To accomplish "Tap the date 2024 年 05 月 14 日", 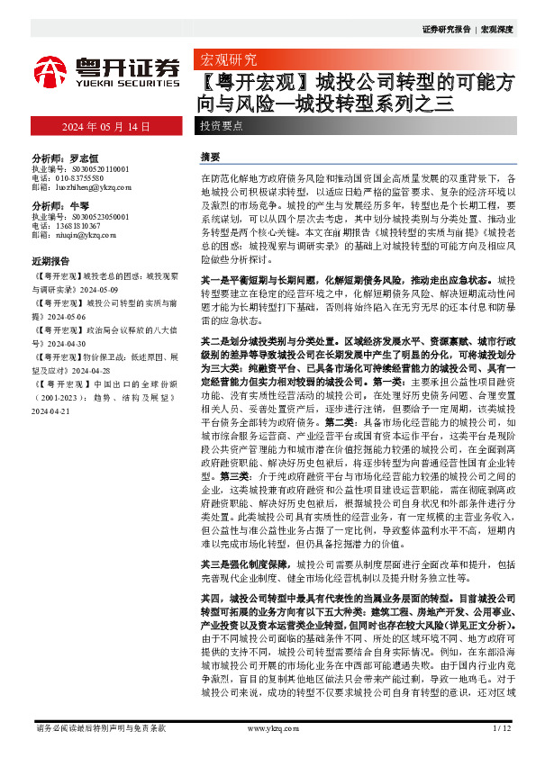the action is [106, 127].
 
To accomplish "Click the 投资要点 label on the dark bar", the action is [222, 127].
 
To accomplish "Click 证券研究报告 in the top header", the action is [445, 30].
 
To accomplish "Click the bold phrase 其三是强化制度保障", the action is [234, 564].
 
